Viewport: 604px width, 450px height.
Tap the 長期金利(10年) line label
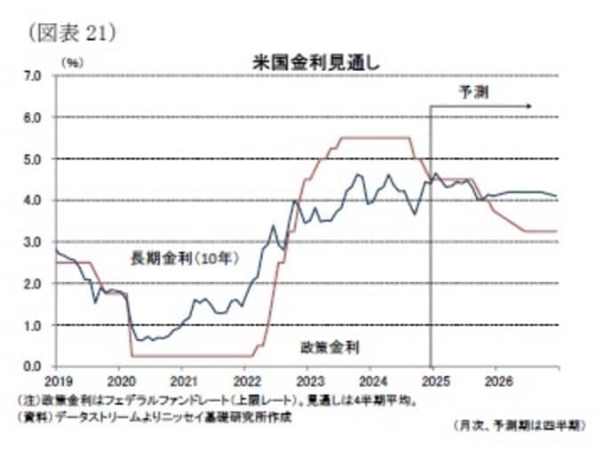click(x=185, y=258)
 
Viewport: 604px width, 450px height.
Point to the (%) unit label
click(x=73, y=62)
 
